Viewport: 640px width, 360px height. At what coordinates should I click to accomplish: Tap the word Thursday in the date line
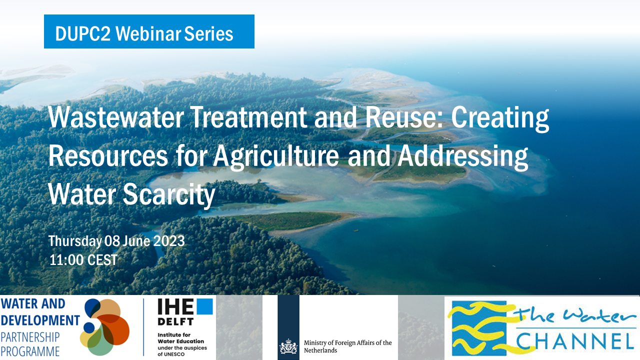pos(75,241)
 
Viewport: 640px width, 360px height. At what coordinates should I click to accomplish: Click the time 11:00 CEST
pos(83,260)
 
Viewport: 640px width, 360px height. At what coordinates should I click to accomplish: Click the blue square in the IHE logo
pos(204,306)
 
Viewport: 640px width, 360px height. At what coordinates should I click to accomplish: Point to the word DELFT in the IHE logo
pos(175,321)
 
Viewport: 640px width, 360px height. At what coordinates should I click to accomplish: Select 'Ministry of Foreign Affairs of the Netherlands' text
pos(347,346)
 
